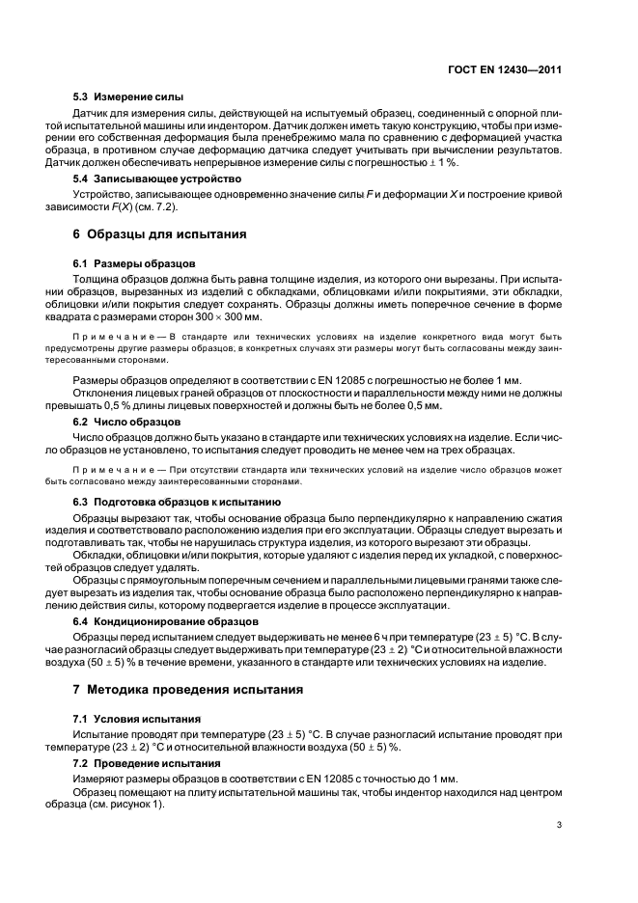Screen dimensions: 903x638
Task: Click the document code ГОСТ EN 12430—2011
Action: point(507,69)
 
